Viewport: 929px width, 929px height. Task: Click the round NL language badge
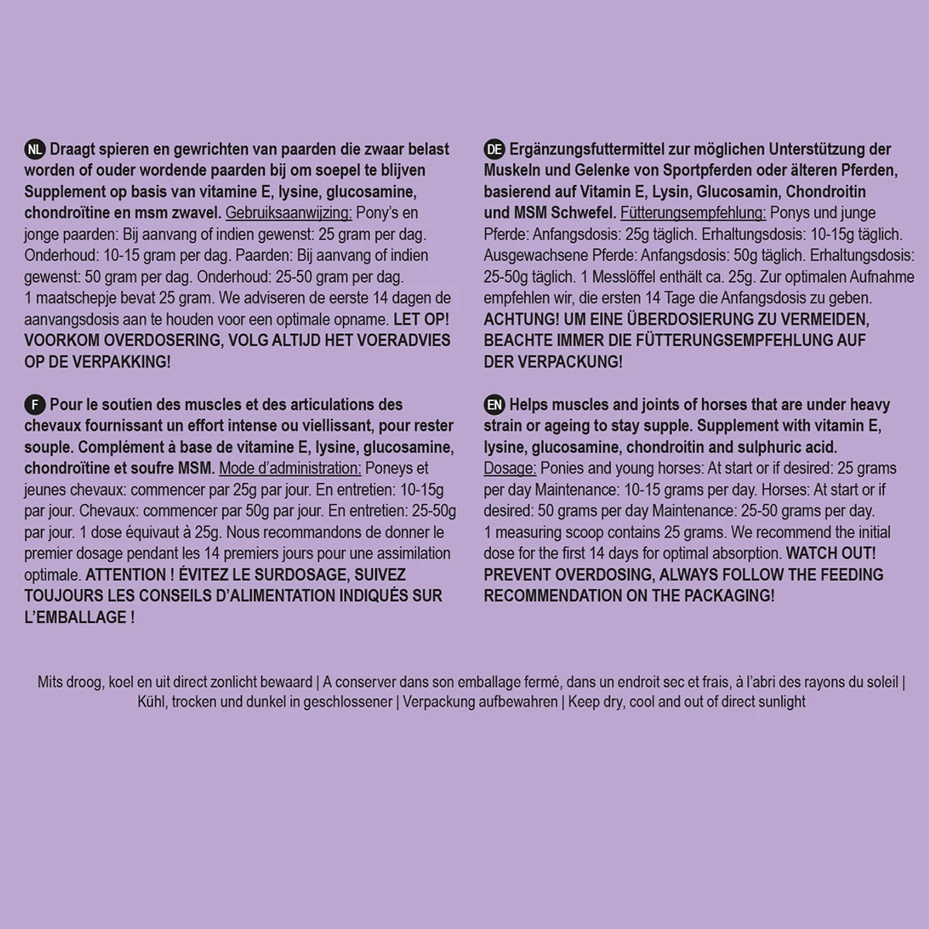point(35,149)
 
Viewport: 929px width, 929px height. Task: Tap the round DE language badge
point(495,149)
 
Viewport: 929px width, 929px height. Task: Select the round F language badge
point(35,405)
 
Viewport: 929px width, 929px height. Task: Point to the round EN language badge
point(495,405)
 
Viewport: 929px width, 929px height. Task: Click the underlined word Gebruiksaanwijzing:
point(289,213)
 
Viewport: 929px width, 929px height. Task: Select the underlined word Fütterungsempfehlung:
point(694,213)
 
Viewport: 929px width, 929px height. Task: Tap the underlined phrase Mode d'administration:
point(290,468)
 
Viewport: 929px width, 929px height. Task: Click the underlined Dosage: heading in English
point(510,468)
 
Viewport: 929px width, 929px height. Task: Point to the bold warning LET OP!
point(421,319)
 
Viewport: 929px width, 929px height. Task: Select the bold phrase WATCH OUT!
point(831,554)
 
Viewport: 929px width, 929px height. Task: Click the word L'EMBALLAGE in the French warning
point(75,617)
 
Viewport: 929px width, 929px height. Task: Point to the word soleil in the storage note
point(880,682)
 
